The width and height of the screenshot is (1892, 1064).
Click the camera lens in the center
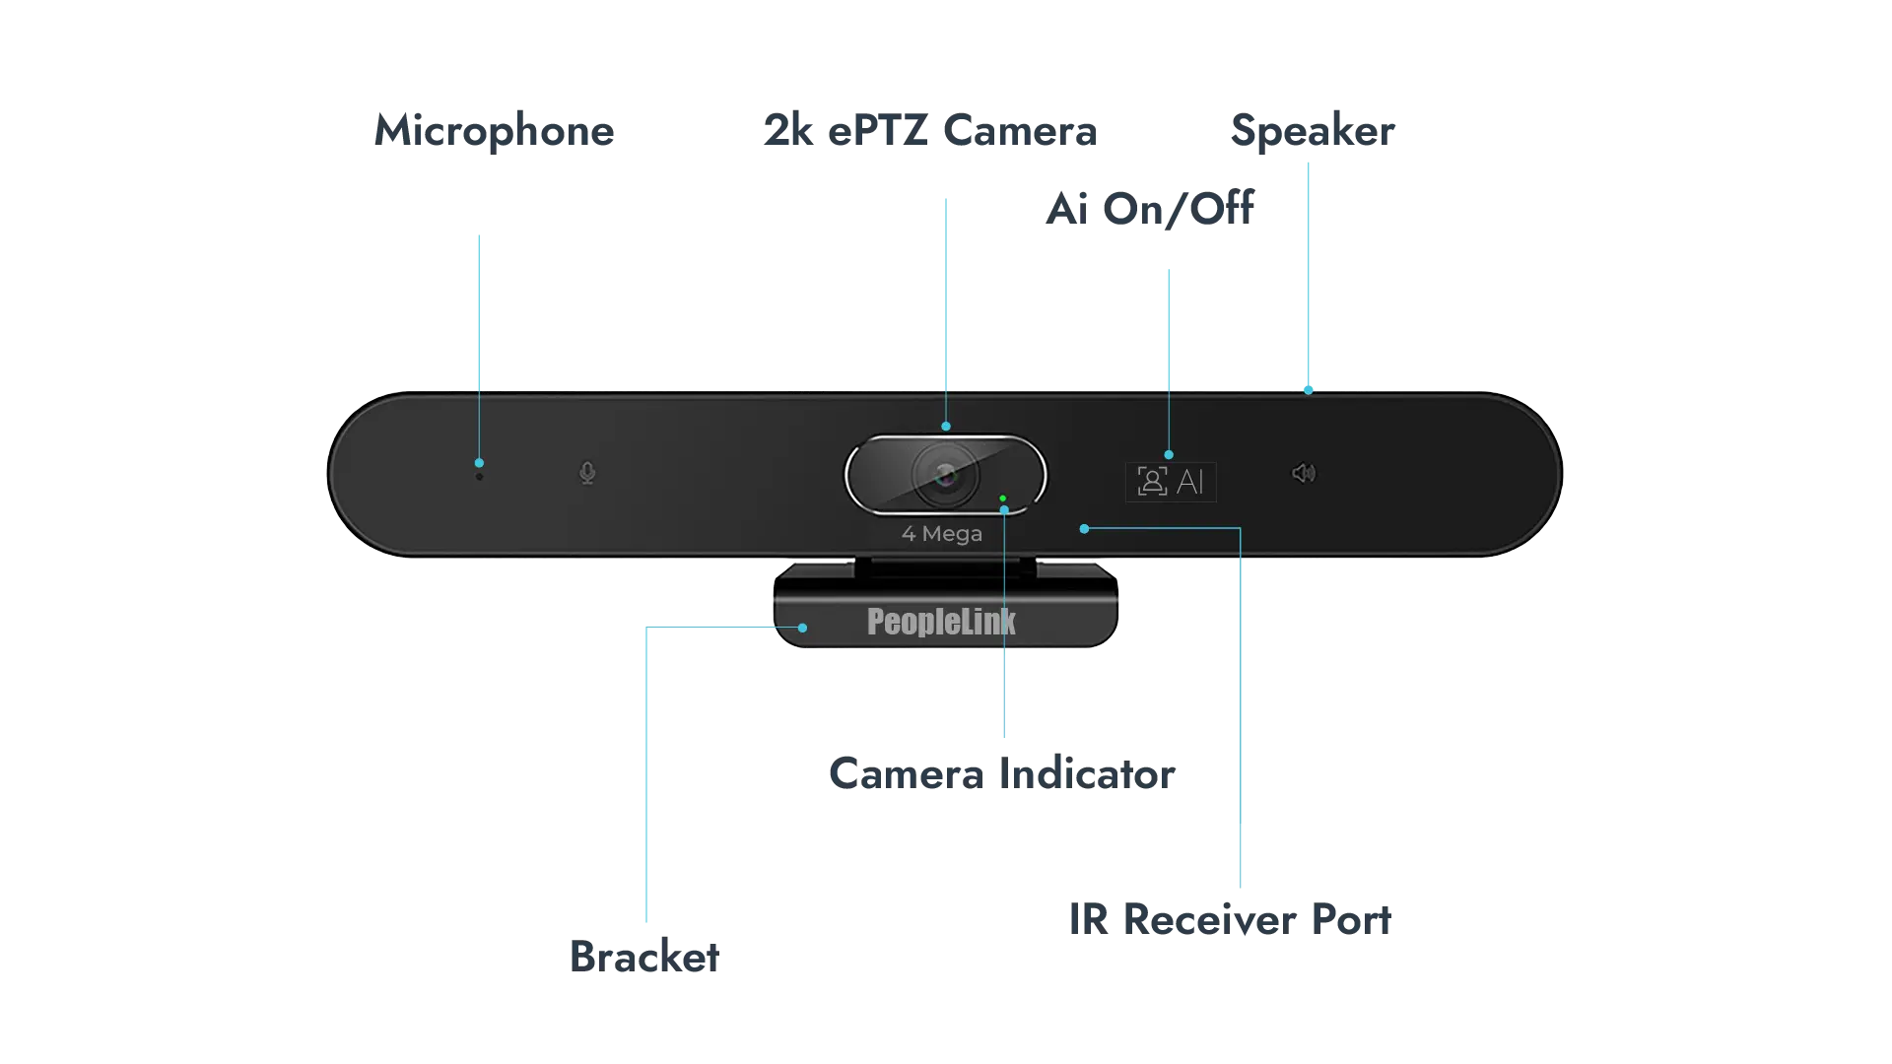(x=946, y=475)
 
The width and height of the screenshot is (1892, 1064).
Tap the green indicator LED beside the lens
(x=1002, y=499)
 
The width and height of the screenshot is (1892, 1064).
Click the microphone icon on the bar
(x=587, y=474)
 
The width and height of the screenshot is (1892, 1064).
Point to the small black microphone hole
(x=480, y=477)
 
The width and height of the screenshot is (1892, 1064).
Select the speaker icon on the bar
(x=1303, y=474)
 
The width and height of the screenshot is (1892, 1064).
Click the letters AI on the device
(x=1190, y=482)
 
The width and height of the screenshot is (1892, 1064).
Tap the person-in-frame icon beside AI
(x=1151, y=482)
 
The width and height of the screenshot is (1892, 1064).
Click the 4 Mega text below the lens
(x=942, y=534)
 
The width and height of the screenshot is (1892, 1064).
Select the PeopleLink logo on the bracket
(x=941, y=622)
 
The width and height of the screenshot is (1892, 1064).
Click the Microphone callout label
(x=492, y=132)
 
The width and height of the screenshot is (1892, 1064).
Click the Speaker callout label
(x=1315, y=130)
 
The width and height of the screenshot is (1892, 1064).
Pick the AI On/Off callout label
(x=1150, y=208)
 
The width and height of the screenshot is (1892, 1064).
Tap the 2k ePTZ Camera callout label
(x=926, y=130)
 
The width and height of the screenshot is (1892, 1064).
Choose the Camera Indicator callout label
(x=1003, y=774)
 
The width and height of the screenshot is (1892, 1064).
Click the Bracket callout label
(x=645, y=956)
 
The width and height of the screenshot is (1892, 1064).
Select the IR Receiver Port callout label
(x=1229, y=919)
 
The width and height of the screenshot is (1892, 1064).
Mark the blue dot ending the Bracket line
(x=803, y=628)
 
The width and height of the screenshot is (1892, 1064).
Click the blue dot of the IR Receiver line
(x=1084, y=529)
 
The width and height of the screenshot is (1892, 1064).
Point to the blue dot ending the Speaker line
(x=1309, y=390)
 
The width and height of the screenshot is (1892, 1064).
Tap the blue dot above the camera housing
(x=946, y=427)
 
